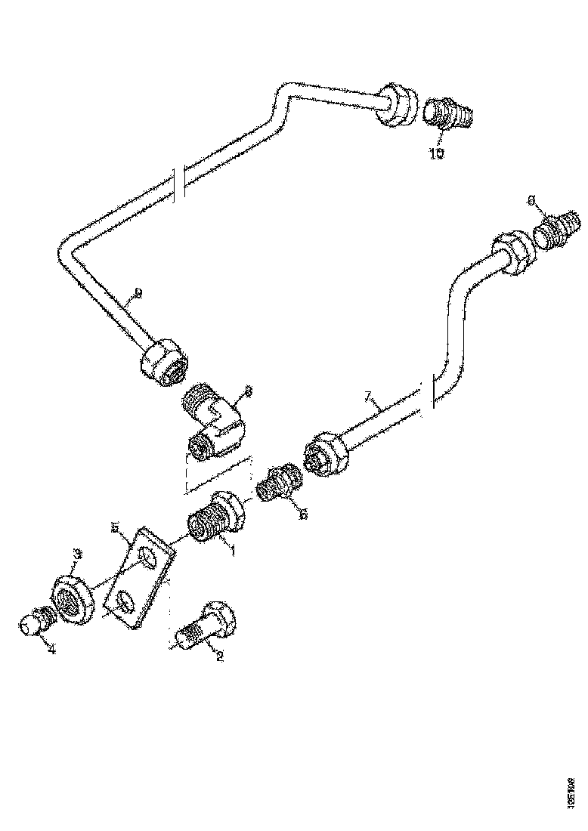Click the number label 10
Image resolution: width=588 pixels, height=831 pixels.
click(x=438, y=153)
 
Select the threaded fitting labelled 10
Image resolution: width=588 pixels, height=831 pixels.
click(x=447, y=115)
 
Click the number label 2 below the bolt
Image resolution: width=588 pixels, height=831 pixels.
click(x=220, y=656)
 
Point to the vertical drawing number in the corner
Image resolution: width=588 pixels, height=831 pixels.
click(x=573, y=789)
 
